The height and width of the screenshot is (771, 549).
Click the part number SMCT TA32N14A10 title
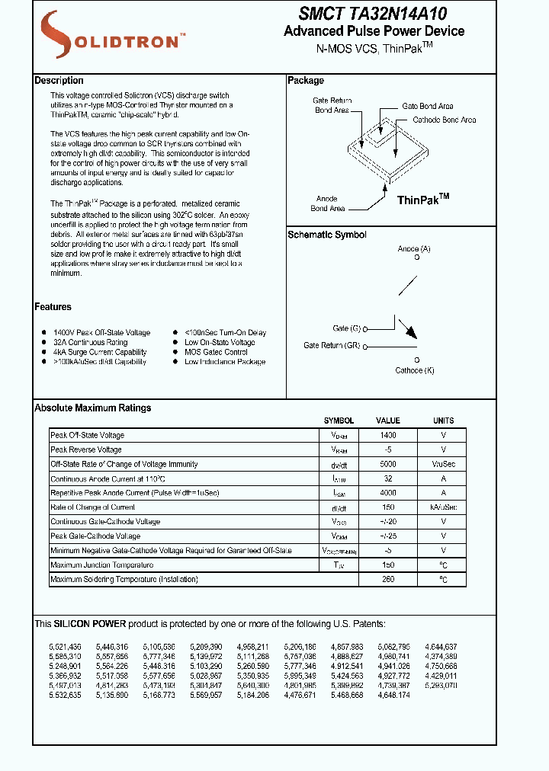(373, 14)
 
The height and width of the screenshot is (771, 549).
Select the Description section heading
(59, 81)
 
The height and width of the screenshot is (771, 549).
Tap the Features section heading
(53, 307)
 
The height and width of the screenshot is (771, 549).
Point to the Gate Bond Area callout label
(427, 107)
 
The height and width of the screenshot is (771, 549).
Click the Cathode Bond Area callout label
(444, 120)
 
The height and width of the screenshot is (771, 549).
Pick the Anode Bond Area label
(327, 203)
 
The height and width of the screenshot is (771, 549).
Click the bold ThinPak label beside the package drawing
(423, 200)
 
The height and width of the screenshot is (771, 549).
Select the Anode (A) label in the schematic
(414, 249)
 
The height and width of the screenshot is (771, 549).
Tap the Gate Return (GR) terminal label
(332, 346)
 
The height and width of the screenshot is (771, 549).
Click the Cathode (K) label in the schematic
(415, 370)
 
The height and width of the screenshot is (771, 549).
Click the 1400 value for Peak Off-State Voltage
(388, 435)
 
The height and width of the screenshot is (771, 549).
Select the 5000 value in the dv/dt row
(388, 464)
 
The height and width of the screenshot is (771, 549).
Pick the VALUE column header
(387, 421)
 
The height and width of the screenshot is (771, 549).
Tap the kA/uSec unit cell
(443, 507)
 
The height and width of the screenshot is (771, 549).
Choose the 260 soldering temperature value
(388, 580)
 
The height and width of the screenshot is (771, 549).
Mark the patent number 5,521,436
(65, 646)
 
